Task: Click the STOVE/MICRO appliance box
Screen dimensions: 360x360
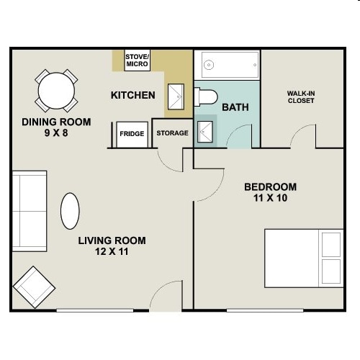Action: (138, 60)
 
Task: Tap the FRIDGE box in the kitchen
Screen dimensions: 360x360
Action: (132, 135)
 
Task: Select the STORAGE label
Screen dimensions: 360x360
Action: (172, 133)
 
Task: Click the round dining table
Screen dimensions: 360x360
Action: (56, 91)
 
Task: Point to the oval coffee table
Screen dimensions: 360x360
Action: (70, 211)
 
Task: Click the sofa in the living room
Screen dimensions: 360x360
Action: (30, 211)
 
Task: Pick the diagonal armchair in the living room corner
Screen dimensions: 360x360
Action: (34, 287)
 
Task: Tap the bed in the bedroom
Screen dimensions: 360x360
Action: (304, 258)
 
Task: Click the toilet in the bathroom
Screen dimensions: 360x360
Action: (206, 97)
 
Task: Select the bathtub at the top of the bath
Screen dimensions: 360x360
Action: (230, 65)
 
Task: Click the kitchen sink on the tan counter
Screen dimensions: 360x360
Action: (176, 96)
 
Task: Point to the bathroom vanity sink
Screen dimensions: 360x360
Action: (205, 132)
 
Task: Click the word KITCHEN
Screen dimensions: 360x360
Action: (133, 95)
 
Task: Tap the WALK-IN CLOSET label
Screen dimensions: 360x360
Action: (301, 97)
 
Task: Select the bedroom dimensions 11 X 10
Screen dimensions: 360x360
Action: (271, 198)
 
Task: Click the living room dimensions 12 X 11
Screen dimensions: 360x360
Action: (112, 251)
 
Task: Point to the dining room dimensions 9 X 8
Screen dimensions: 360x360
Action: (56, 132)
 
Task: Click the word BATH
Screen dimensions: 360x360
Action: (235, 107)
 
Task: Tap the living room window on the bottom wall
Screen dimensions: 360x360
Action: (95, 310)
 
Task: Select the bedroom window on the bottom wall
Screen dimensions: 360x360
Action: (265, 310)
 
